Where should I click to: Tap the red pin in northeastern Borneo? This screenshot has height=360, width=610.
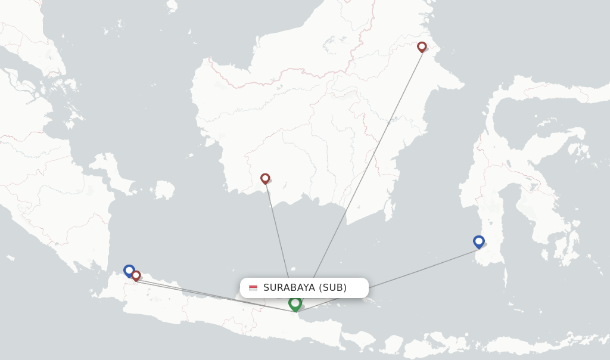(422, 46)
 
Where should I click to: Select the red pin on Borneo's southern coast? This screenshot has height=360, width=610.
(265, 178)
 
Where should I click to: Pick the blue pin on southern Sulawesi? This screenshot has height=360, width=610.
(479, 241)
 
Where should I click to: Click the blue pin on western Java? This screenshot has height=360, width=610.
(129, 270)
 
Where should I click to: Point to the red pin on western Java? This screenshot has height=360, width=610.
(136, 275)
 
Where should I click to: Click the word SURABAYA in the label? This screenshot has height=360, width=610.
(289, 288)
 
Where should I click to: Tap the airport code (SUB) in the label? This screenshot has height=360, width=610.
(333, 288)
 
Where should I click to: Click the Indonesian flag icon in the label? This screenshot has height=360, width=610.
(253, 288)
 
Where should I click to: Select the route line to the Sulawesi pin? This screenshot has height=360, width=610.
(417, 270)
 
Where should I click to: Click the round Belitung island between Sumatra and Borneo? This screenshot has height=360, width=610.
(163, 190)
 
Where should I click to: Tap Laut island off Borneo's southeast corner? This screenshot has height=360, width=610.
(390, 208)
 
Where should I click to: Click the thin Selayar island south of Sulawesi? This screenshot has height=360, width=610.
(505, 278)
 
